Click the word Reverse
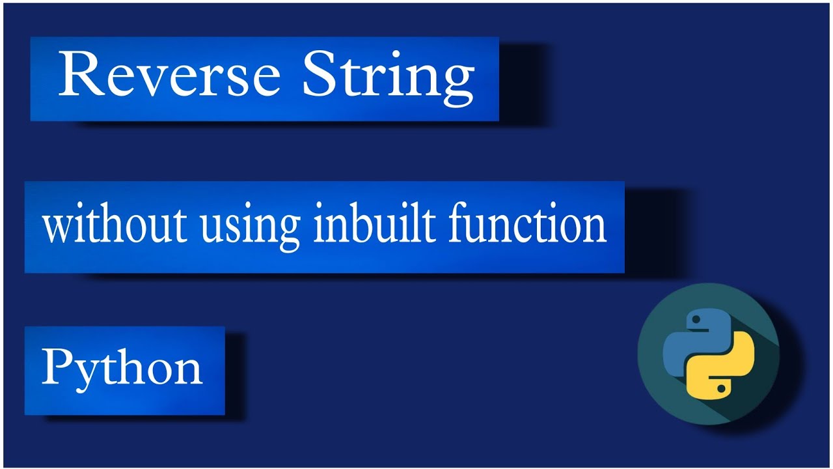click(x=169, y=77)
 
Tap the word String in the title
click(x=388, y=77)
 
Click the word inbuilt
click(x=368, y=225)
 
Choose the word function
click(x=527, y=225)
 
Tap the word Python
click(x=122, y=368)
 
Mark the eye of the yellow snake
click(x=720, y=389)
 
